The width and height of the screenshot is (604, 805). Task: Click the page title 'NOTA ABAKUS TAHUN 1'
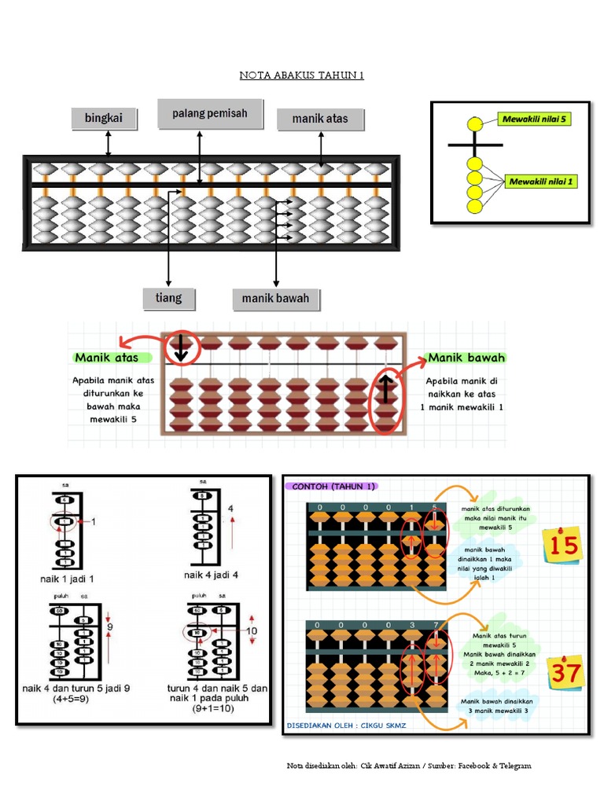pyautogui.click(x=302, y=75)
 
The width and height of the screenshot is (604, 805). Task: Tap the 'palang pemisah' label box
pyautogui.click(x=209, y=114)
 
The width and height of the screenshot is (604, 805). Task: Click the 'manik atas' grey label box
pyautogui.click(x=321, y=119)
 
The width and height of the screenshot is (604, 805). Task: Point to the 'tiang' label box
pyautogui.click(x=168, y=298)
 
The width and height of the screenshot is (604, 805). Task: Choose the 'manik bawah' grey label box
pyautogui.click(x=275, y=299)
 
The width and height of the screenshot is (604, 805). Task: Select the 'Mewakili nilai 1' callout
pyautogui.click(x=542, y=182)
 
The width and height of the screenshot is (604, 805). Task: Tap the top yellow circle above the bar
pyautogui.click(x=474, y=124)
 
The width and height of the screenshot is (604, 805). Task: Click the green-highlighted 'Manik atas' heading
pyautogui.click(x=107, y=358)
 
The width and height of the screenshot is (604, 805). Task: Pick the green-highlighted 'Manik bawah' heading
pyautogui.click(x=466, y=358)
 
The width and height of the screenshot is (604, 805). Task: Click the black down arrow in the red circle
pyautogui.click(x=181, y=347)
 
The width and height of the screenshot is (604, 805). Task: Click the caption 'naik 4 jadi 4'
pyautogui.click(x=211, y=575)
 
